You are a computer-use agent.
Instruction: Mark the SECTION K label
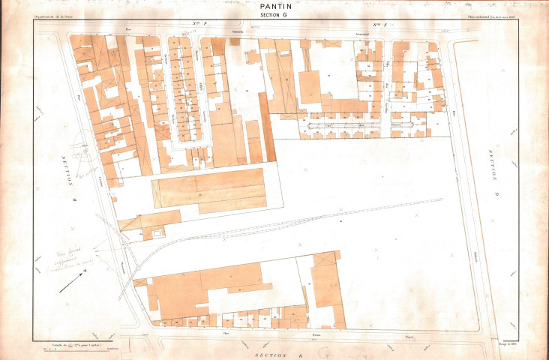[x=274, y=353]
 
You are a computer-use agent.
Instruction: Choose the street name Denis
[x=316, y=334]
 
